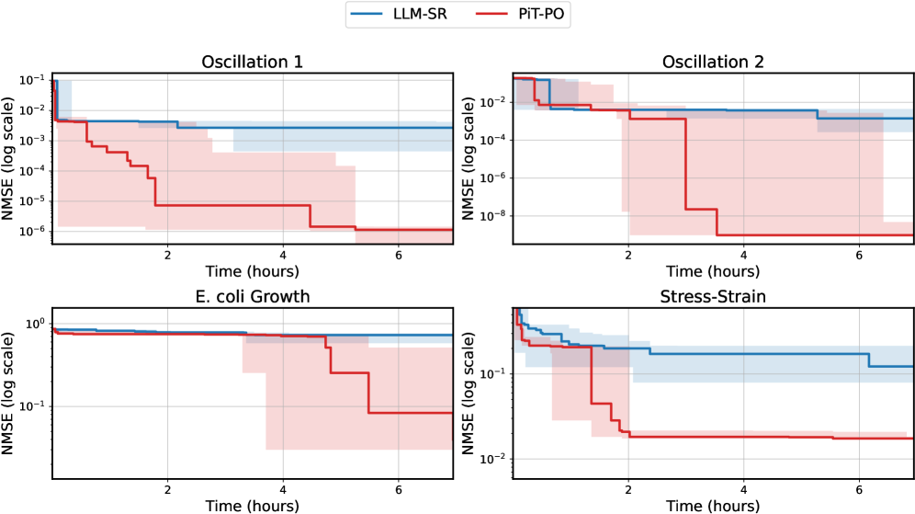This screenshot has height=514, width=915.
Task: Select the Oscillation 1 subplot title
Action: pyautogui.click(x=253, y=63)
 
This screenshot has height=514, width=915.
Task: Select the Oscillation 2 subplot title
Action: pyautogui.click(x=713, y=63)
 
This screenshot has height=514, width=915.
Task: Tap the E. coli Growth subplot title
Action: pyautogui.click(x=253, y=296)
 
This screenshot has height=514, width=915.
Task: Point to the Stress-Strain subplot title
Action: pyautogui.click(x=713, y=296)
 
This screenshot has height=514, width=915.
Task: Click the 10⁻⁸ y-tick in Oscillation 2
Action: pyautogui.click(x=494, y=216)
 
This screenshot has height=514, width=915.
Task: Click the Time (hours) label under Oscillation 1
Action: pyautogui.click(x=253, y=271)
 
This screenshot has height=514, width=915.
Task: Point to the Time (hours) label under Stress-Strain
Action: pyautogui.click(x=713, y=505)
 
